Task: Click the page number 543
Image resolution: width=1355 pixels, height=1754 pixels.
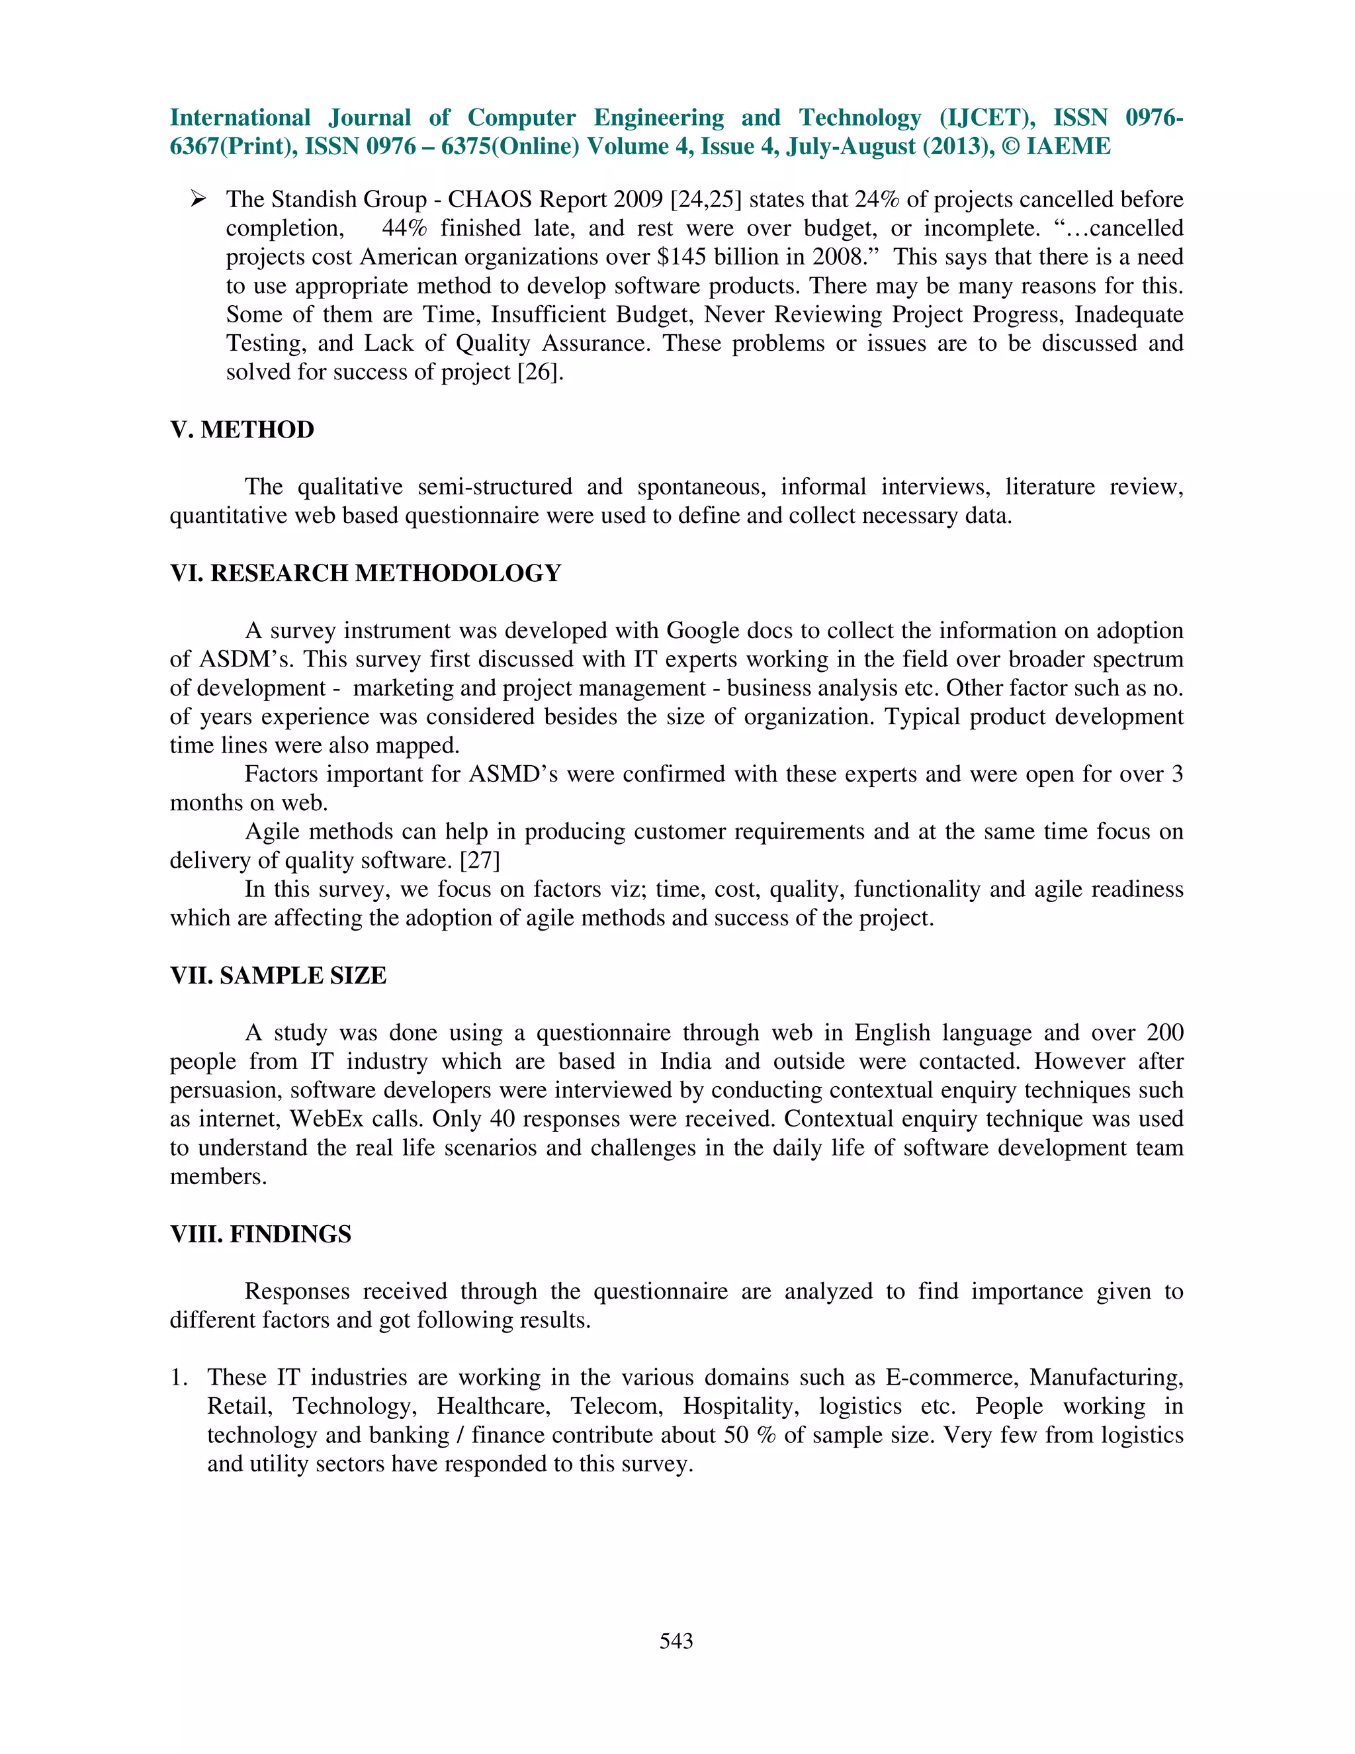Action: (676, 1641)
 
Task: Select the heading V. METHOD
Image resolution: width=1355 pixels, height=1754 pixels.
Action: (241, 430)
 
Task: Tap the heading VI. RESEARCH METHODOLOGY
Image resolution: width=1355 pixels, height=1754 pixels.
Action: (365, 573)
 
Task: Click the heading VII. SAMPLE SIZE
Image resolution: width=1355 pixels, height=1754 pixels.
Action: (278, 975)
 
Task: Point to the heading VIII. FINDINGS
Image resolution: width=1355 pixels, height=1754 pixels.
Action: (260, 1234)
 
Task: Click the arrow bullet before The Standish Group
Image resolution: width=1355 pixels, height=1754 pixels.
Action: (199, 199)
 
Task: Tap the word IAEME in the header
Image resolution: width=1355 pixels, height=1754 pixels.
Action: (1069, 146)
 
